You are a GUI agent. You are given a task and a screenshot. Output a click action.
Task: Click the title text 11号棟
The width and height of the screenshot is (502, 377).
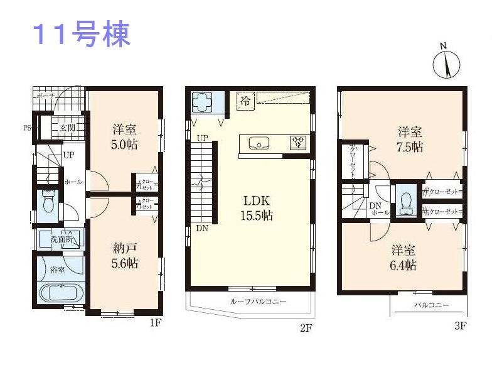pos(81,36)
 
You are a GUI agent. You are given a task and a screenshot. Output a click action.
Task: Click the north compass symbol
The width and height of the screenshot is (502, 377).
pos(446,63)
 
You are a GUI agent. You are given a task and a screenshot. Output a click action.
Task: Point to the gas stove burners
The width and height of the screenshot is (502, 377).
pos(297,142)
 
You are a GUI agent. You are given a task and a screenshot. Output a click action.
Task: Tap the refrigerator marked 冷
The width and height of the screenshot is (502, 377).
pos(245,99)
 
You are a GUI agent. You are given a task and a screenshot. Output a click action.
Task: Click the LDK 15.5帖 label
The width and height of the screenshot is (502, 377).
pos(257,208)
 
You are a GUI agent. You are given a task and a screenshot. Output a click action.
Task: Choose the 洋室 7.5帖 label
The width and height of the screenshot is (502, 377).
pos(410,139)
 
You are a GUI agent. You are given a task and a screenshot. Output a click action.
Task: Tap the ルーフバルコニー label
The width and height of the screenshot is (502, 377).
pos(258,302)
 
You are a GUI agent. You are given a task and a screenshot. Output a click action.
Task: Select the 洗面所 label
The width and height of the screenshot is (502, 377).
pos(62,239)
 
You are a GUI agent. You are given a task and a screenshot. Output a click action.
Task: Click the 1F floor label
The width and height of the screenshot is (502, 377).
pos(156,324)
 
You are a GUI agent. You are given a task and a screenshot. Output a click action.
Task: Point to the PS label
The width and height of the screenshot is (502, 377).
pos(27,128)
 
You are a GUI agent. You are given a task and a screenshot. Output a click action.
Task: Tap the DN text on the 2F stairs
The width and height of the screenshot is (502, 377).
pos(201,229)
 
